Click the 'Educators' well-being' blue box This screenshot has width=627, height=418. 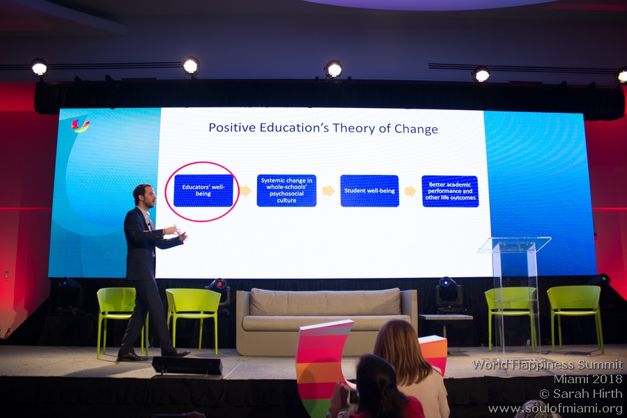tap(203, 190)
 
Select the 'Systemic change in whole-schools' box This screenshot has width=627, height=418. tap(286, 190)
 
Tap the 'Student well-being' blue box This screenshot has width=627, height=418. tap(369, 191)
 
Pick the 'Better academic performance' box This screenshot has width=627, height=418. tap(450, 191)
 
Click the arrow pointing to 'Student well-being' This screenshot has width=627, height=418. tap(328, 191)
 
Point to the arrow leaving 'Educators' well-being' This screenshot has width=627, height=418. tap(245, 190)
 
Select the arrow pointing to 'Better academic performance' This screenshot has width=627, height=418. tap(410, 191)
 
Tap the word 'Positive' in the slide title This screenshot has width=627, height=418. tap(232, 127)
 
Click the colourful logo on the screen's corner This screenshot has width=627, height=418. tap(80, 125)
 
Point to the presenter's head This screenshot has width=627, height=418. tap(144, 196)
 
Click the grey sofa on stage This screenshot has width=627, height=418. tap(326, 320)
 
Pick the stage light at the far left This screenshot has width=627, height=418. tap(39, 67)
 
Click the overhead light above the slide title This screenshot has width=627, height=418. tap(334, 69)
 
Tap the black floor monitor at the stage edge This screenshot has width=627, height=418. tap(187, 365)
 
